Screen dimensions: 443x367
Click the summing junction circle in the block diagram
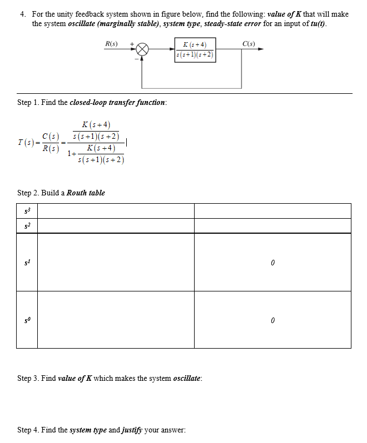(x=143, y=49)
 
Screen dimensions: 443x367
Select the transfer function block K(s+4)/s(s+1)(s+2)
(x=194, y=49)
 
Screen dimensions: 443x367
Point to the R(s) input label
(x=112, y=43)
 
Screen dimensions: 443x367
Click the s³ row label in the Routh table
(x=27, y=211)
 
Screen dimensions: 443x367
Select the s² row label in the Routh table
(x=27, y=226)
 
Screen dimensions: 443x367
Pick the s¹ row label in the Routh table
(x=27, y=262)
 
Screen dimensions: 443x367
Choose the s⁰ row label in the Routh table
(x=27, y=320)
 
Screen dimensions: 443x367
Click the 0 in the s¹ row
(x=272, y=262)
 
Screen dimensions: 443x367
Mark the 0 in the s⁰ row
(x=272, y=320)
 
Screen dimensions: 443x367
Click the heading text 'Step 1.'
(x=28, y=103)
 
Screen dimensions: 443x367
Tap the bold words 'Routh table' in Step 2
(x=86, y=193)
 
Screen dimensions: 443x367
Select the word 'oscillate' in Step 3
(x=187, y=379)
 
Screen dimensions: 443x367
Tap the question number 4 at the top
(x=22, y=13)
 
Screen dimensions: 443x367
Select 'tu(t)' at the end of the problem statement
(x=317, y=24)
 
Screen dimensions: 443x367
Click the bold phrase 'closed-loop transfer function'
(x=118, y=103)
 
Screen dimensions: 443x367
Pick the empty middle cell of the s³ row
(x=116, y=211)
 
